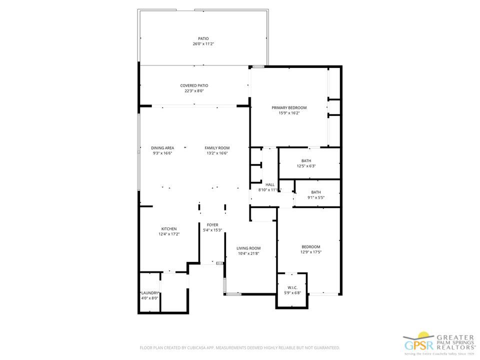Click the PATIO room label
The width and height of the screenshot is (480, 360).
pos(203,38)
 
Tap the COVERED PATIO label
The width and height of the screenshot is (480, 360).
pos(194,85)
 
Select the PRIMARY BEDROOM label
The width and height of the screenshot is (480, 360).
pos(289,107)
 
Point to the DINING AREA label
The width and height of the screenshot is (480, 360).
pos(162,148)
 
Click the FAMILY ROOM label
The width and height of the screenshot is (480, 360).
pos(217,148)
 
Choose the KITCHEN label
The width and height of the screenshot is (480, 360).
pos(168,229)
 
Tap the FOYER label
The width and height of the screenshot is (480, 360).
pos(212,225)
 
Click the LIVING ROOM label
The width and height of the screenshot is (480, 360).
pos(248,248)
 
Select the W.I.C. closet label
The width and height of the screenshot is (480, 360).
pos(292,287)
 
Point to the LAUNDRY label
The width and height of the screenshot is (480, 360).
pos(149,293)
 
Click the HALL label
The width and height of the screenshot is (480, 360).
pos(270,184)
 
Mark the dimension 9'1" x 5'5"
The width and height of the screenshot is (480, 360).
pos(315,197)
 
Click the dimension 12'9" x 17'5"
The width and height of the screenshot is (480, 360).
pos(310,252)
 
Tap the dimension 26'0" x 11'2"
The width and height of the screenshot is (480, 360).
pos(203,44)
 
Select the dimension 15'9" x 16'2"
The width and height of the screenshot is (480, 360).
pos(289,113)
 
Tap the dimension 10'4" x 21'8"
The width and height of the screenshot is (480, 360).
pos(248,253)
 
